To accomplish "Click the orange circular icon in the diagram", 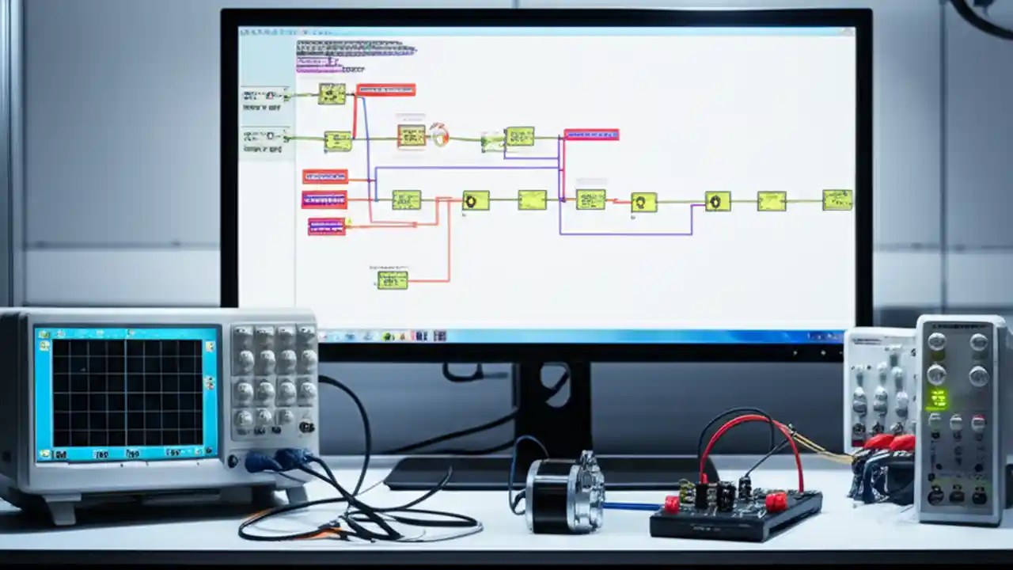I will pos(439,135).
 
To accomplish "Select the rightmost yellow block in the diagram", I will pos(837,199).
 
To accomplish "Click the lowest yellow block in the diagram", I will pos(393,279).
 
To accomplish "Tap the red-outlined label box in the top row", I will pos(385,90).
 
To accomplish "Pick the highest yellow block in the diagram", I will pos(332,93).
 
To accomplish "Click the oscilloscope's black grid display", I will pos(127,392).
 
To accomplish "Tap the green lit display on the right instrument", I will pos(939,398).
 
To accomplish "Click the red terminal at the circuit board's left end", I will pos(672,504).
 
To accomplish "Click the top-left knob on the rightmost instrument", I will pos(936,342).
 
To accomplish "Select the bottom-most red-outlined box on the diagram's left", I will pos(326,226).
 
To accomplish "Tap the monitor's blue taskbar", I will pos(586,336).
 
